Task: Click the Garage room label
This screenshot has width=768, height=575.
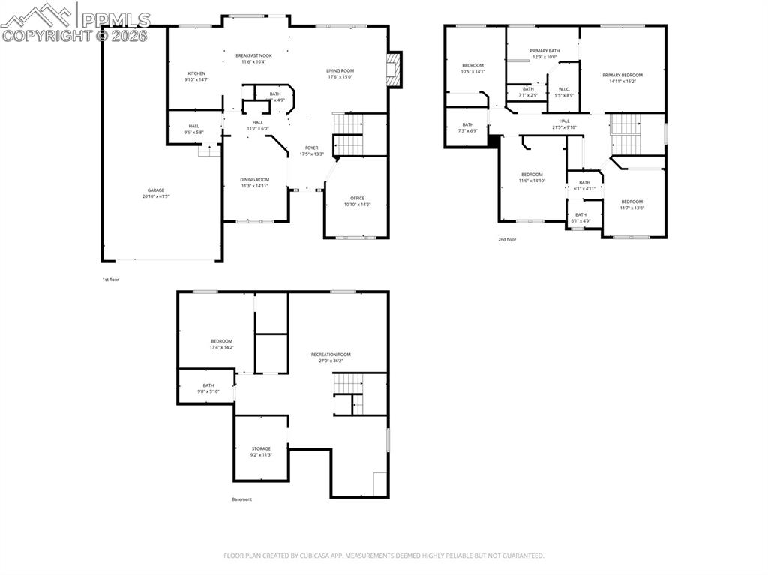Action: pyautogui.click(x=156, y=190)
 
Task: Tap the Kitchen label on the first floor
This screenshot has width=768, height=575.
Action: pyautogui.click(x=196, y=73)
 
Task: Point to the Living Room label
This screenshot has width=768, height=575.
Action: pyautogui.click(x=340, y=70)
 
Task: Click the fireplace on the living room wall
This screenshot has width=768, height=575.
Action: pyautogui.click(x=394, y=70)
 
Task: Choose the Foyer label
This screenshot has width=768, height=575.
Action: pyautogui.click(x=311, y=148)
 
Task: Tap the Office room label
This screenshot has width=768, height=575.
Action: pyautogui.click(x=357, y=199)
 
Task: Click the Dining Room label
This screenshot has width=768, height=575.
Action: pyautogui.click(x=254, y=180)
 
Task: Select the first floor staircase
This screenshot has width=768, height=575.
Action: pyautogui.click(x=347, y=134)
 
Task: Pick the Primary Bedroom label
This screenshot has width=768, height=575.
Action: pyautogui.click(x=622, y=75)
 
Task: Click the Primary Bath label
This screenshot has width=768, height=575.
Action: pyautogui.click(x=544, y=51)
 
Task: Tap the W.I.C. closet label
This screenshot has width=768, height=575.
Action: pyautogui.click(x=564, y=89)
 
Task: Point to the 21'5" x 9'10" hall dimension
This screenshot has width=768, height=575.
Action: pyautogui.click(x=564, y=127)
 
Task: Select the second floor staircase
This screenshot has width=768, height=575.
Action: pyautogui.click(x=625, y=133)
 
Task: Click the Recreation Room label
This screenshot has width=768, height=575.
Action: pyautogui.click(x=331, y=355)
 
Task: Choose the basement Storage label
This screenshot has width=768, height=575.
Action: pyautogui.click(x=261, y=449)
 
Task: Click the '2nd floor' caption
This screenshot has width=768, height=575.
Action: pyautogui.click(x=507, y=240)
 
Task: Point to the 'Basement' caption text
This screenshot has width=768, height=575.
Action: pyautogui.click(x=241, y=499)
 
